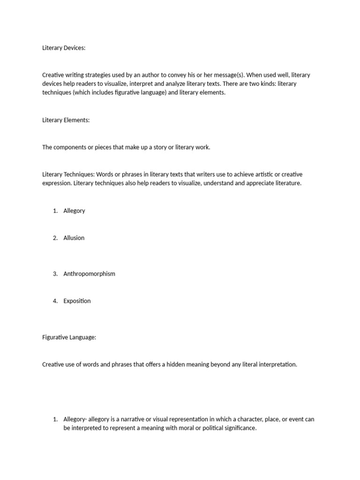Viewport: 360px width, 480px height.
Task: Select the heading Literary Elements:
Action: [66, 120]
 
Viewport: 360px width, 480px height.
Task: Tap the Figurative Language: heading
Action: [69, 337]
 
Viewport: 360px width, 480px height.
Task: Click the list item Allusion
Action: [74, 238]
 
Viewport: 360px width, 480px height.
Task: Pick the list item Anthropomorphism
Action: [89, 274]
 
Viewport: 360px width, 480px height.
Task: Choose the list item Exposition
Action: [77, 301]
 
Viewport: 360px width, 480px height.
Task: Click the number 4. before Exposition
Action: [55, 301]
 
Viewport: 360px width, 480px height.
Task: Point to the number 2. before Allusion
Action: [55, 238]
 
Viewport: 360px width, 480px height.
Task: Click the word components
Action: [72, 147]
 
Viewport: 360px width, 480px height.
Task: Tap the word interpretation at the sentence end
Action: [276, 364]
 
